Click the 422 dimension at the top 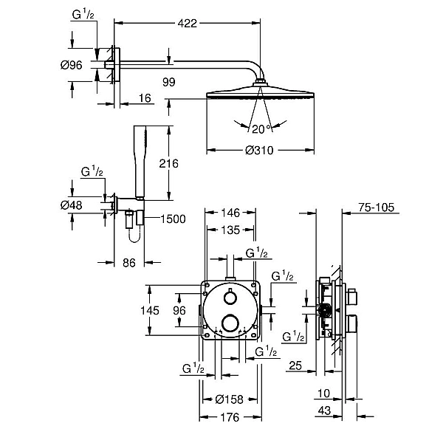pos(187,23)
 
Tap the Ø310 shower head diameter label pos(259,151)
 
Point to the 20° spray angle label pos(261,129)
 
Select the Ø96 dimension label pos(71,65)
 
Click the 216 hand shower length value pos(168,164)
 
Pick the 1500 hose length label pos(173,219)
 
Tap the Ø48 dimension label pos(71,205)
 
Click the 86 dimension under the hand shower pos(129,263)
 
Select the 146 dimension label pos(230,213)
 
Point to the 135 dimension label pos(230,230)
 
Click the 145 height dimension pos(150,311)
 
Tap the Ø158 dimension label pos(229,399)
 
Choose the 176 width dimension pos(230,417)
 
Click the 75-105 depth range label pos(376,207)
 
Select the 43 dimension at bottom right pos(324,411)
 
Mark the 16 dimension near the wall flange pos(145,98)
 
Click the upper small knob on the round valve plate pos(230,298)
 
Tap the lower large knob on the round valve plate pos(230,323)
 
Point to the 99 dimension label pos(168,82)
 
